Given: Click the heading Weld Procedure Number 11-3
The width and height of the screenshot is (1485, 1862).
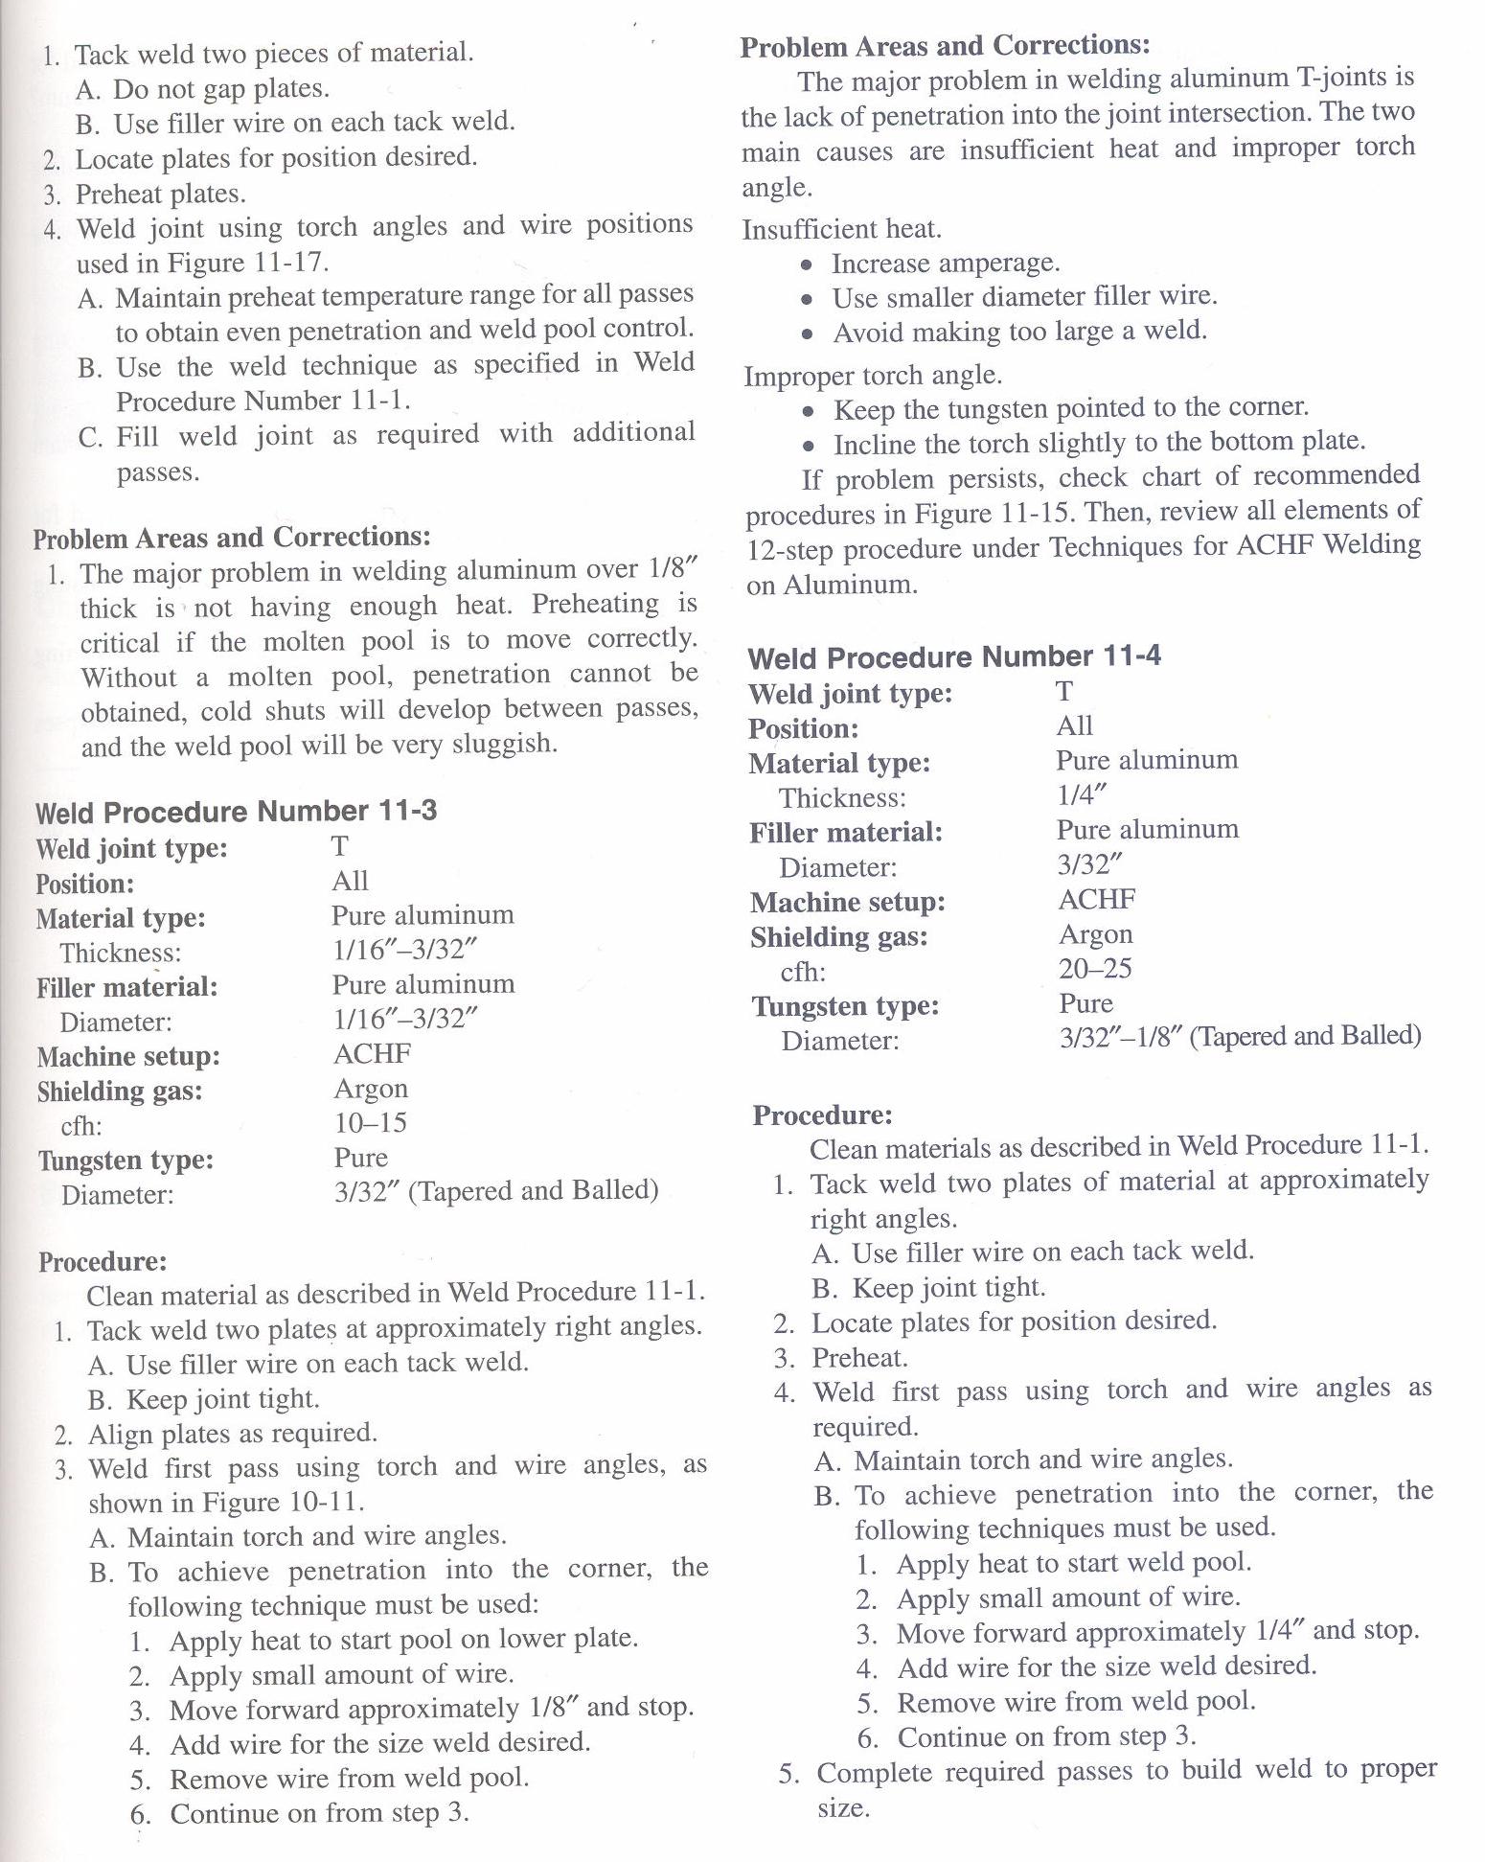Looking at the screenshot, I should tap(236, 812).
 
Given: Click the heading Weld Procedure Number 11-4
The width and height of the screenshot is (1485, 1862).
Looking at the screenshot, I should tap(954, 657).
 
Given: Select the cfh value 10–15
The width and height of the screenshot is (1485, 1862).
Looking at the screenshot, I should tap(370, 1122).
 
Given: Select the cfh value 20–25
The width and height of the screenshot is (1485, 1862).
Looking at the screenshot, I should tap(1095, 968).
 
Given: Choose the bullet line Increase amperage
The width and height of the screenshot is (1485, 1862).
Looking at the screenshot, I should tap(945, 263).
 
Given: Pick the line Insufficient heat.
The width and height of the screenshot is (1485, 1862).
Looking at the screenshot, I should tap(842, 229).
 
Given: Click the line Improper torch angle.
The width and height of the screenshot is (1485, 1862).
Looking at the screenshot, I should tap(873, 376).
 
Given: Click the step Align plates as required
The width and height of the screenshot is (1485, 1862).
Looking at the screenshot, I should tap(232, 1433).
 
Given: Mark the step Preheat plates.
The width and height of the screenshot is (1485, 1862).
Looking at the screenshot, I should tap(160, 194).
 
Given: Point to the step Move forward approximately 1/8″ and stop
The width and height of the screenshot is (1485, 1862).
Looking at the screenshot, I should tap(431, 1709).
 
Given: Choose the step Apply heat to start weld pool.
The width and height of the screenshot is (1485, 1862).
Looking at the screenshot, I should tap(1073, 1563).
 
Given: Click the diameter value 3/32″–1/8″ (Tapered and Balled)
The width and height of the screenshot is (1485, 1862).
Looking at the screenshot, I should tap(1240, 1037).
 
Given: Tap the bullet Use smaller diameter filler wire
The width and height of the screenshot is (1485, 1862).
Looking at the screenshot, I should tap(1024, 297).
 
